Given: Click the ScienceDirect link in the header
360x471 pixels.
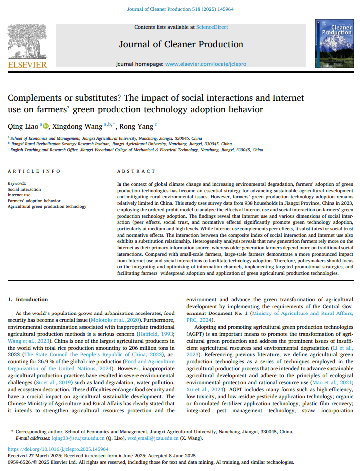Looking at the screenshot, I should (212, 26).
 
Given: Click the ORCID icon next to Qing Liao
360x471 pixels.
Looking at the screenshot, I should (46, 126).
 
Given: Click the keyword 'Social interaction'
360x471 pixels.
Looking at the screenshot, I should (24, 189).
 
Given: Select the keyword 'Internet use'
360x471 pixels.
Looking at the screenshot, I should (19, 195).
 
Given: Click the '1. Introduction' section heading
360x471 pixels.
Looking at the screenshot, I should (28, 299).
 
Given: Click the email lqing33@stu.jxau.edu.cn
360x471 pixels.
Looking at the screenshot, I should (78, 438).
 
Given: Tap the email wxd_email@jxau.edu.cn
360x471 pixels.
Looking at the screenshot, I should (148, 438).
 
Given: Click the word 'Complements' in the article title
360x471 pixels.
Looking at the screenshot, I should (38, 98).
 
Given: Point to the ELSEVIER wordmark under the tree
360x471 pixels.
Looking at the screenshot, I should (27, 65).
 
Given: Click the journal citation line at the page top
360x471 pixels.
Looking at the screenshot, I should (180, 9).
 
